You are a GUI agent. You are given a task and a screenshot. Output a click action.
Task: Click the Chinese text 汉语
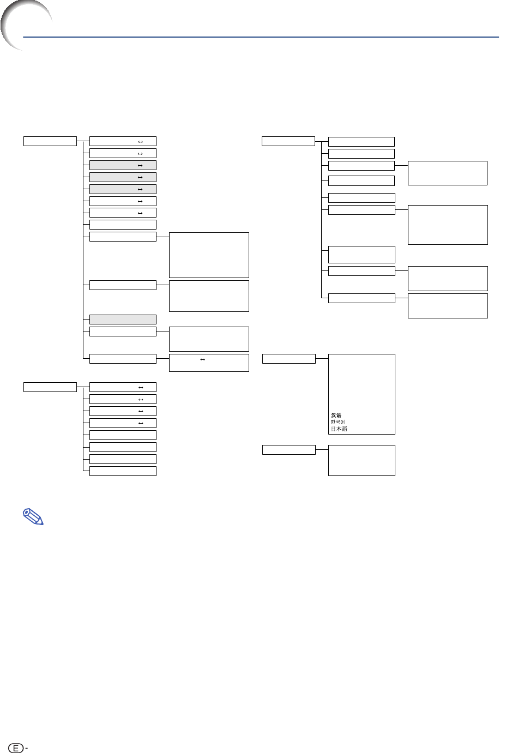point(336,415)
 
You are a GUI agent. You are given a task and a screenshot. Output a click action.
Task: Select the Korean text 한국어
point(338,422)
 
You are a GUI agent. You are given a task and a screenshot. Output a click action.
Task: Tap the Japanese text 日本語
point(339,429)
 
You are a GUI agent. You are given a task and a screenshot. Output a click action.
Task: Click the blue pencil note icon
point(33,516)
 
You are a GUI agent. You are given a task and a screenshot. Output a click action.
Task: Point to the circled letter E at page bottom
point(15,748)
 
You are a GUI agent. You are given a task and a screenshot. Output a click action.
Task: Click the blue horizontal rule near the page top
point(261,37)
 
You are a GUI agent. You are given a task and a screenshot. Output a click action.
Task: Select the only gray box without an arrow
point(123,320)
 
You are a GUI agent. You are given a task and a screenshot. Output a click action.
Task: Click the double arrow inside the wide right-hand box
point(202,360)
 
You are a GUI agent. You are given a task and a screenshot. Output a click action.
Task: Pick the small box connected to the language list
point(289,359)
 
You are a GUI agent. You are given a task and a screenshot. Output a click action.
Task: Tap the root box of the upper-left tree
point(50,141)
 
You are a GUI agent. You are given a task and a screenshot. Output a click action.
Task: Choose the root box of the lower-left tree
point(50,387)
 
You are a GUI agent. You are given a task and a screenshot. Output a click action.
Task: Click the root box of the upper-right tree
point(288,141)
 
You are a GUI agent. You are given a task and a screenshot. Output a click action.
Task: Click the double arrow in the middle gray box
point(140,178)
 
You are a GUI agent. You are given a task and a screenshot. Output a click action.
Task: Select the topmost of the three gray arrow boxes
point(123,165)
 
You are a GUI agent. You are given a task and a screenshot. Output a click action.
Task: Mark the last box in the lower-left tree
point(123,471)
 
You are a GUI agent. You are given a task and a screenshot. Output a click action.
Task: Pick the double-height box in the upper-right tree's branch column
point(362,255)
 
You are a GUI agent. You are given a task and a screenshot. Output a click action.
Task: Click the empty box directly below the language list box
point(362,461)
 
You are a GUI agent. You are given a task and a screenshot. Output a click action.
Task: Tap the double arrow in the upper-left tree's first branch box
point(140,142)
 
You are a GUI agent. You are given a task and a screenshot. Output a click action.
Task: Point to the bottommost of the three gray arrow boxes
point(123,189)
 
